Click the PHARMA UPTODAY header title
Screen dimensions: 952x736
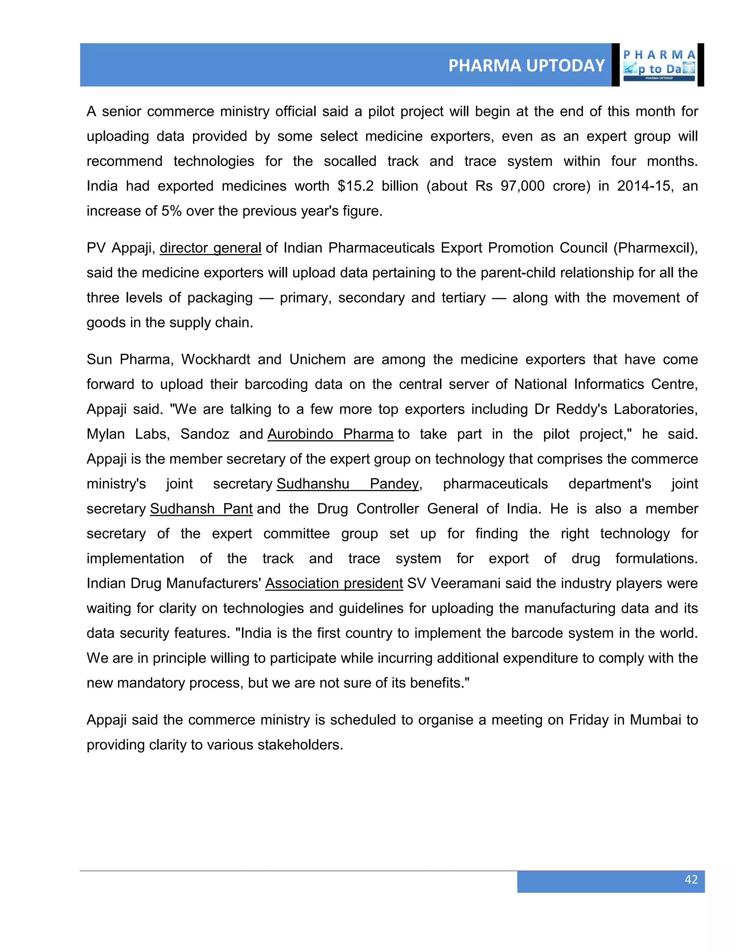(526, 65)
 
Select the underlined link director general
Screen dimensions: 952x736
(210, 248)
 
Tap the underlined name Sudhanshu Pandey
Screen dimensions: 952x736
(348, 484)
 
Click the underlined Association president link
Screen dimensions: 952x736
(334, 583)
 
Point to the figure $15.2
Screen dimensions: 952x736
(355, 186)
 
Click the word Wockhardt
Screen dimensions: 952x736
(215, 360)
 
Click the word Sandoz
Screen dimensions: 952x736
(204, 434)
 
